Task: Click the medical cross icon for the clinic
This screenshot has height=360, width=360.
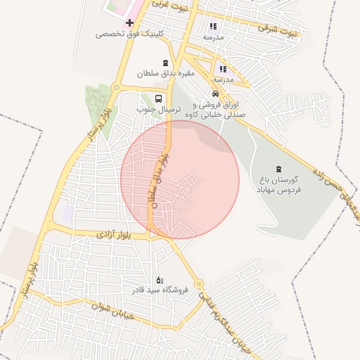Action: point(129,22)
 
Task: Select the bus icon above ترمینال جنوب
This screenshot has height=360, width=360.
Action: point(158,99)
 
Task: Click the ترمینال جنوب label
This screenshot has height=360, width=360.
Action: point(159,110)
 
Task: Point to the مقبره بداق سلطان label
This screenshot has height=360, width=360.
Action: point(165,73)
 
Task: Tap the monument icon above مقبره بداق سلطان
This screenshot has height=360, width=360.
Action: point(166,63)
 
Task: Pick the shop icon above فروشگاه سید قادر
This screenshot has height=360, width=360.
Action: point(159,280)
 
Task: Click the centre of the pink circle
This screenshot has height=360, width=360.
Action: point(180,179)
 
